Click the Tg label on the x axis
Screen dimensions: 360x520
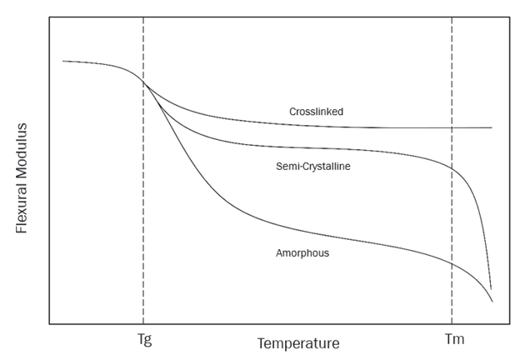tap(143, 340)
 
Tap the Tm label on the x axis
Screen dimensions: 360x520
tap(452, 340)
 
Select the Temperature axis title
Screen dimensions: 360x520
tap(297, 343)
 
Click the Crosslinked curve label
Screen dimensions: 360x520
tap(316, 111)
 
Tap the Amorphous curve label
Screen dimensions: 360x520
tap(302, 252)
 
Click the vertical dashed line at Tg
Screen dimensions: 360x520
tap(143, 208)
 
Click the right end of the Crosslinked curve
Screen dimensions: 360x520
tap(492, 127)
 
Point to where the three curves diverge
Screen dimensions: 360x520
tap(145, 82)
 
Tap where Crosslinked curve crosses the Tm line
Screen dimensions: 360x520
tap(452, 127)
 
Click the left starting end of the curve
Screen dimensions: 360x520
tap(63, 61)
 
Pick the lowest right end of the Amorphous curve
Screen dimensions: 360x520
tap(492, 302)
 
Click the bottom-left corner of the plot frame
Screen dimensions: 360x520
tap(49, 323)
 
